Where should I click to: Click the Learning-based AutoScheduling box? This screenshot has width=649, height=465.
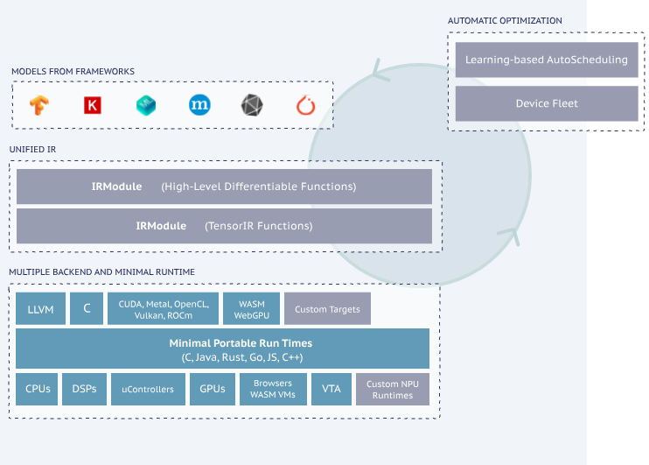click(547, 60)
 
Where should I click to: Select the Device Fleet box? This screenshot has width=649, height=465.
click(547, 103)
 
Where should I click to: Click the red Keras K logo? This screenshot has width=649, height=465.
click(92, 106)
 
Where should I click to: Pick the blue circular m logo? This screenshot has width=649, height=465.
click(199, 106)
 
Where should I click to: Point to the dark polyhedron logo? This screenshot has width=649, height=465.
click(252, 106)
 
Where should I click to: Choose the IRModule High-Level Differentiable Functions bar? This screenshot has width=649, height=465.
click(224, 187)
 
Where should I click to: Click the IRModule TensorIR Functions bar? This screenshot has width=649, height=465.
click(224, 226)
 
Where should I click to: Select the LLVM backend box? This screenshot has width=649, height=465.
click(40, 308)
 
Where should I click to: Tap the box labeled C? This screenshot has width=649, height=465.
click(87, 308)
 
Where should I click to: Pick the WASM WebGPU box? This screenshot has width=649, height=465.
click(250, 308)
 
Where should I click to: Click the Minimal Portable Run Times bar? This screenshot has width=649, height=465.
click(222, 349)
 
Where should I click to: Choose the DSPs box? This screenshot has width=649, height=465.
click(84, 389)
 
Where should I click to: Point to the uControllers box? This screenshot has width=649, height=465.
click(149, 389)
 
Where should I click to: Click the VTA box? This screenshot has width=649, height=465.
click(331, 389)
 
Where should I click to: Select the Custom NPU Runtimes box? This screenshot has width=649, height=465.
click(393, 389)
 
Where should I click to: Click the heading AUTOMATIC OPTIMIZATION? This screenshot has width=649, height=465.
click(505, 20)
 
